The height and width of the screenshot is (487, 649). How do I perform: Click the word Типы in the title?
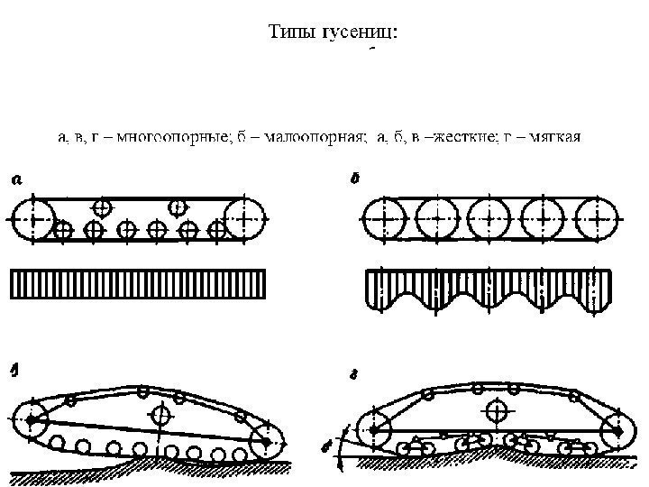[291, 32]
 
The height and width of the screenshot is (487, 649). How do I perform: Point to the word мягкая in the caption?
[555, 138]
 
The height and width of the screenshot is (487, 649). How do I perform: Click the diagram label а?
[16, 179]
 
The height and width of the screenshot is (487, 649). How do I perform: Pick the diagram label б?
[355, 179]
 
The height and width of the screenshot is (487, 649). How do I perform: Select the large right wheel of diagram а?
[246, 218]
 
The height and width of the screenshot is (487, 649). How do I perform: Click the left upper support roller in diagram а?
[102, 207]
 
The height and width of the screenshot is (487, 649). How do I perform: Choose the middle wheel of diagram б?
[489, 218]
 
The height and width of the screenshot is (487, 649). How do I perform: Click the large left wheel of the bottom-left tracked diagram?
[33, 420]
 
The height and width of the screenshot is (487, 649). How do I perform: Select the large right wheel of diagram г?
[619, 431]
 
